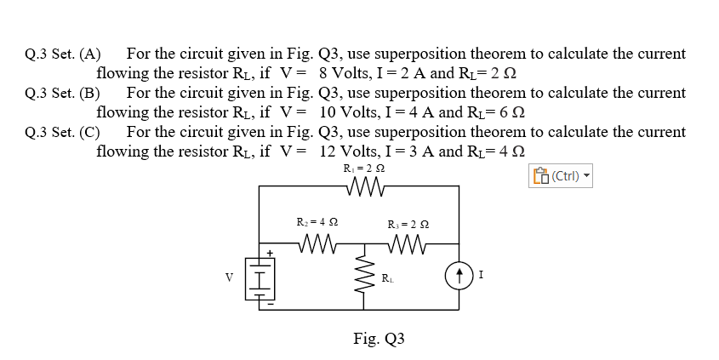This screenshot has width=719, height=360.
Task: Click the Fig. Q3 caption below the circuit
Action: pos(379,339)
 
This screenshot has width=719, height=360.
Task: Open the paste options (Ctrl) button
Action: pos(561,177)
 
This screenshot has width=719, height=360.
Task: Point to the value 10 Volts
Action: pos(355,112)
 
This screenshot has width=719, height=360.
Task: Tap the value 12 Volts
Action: pos(355,151)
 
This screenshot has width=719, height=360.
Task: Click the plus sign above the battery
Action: pos(270,253)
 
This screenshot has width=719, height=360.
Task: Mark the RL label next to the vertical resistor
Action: pos(387,278)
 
